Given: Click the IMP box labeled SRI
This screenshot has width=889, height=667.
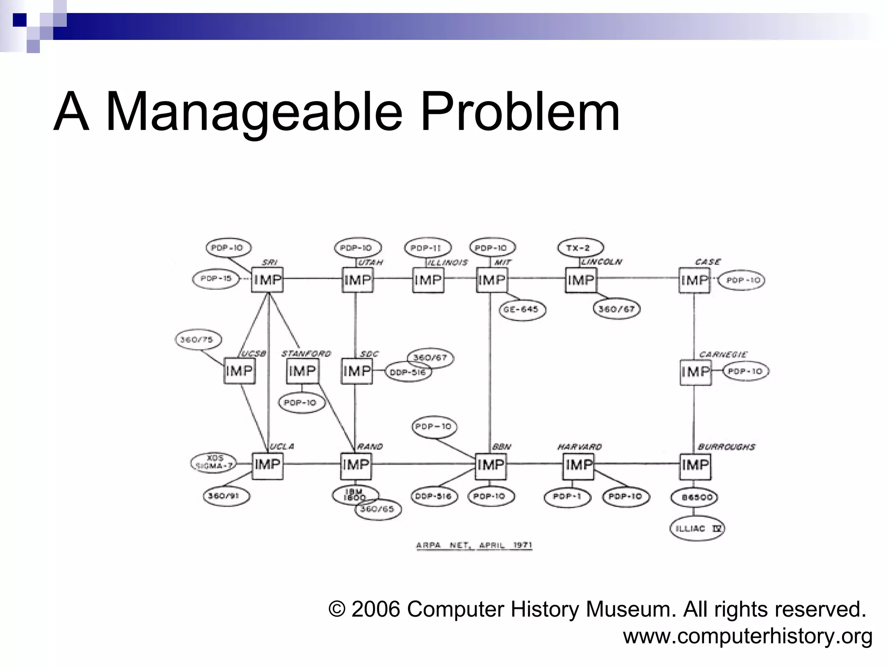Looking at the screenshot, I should pos(267,280).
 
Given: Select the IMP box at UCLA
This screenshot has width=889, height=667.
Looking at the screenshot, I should pos(267,465).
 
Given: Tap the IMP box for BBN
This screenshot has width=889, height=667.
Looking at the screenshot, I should pos(491,466).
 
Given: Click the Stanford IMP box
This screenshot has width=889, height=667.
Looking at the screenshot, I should pos(302,371).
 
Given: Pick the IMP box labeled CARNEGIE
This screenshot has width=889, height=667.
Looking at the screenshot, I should pos(695,372).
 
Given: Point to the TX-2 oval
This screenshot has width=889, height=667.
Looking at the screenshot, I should pos(580,248).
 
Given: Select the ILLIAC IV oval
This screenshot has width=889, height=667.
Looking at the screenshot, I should pos(697,528).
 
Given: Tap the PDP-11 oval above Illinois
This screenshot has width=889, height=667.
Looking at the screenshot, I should pos(427,248).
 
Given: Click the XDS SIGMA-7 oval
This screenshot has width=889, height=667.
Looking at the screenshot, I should pos(214,463).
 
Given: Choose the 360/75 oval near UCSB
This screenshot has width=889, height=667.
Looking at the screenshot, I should pos(198,340).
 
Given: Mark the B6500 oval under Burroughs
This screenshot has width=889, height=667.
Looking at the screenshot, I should pos(695,497).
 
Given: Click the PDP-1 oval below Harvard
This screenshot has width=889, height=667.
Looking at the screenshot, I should pos(567,497).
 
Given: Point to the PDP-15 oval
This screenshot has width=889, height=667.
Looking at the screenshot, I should pos(216,279).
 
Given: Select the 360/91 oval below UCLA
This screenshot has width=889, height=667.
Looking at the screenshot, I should pos(226,496).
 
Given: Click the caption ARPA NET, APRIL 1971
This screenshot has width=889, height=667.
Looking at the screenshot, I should pos(474,545).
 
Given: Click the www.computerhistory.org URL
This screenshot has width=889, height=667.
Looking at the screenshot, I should pos(747,637).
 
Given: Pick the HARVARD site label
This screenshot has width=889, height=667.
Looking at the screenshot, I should pos(579,447).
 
